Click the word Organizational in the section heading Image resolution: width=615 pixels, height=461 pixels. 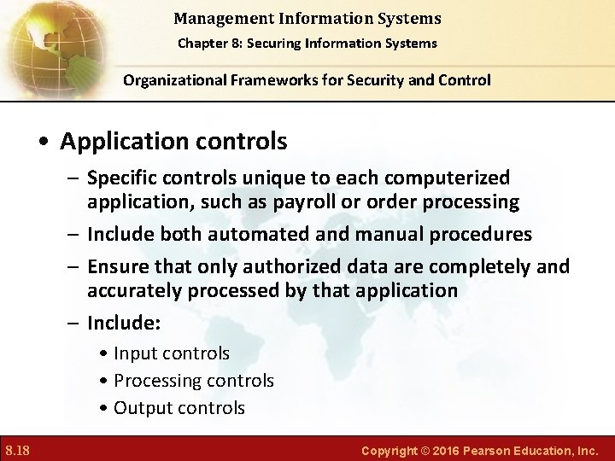[x=173, y=80]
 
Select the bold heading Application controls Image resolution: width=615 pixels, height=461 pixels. [x=173, y=139]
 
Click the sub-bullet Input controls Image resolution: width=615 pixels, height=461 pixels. [x=171, y=353]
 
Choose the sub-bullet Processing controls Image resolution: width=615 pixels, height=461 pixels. [x=193, y=381]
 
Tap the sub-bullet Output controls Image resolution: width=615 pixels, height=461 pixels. [x=179, y=408]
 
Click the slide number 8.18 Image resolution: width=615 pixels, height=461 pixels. [x=18, y=449]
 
